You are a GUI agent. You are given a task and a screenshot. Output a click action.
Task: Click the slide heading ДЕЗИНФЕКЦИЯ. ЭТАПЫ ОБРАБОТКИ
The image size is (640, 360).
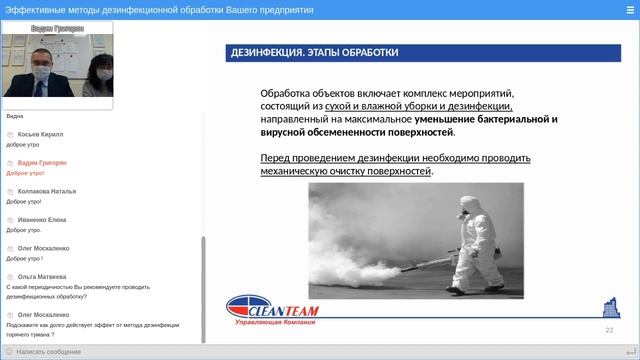point(314,53)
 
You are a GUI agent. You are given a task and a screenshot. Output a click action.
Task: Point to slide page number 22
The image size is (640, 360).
point(609,329)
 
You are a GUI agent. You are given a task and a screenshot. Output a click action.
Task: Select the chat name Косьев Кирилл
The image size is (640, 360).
point(40,134)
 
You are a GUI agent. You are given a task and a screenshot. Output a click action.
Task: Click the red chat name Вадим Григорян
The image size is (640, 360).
point(42,162)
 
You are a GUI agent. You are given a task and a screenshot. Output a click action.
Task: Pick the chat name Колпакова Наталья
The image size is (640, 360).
point(47,191)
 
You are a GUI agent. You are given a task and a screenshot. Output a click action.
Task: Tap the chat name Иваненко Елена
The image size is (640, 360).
point(42,219)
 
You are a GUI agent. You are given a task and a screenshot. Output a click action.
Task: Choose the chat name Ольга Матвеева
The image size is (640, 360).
point(42,276)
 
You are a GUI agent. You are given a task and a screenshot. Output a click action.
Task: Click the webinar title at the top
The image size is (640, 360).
point(159,9)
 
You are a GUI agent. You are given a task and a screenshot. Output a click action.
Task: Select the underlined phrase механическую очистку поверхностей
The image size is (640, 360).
point(346,171)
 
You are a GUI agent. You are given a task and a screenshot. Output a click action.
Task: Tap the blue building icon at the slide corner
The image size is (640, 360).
point(609,307)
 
